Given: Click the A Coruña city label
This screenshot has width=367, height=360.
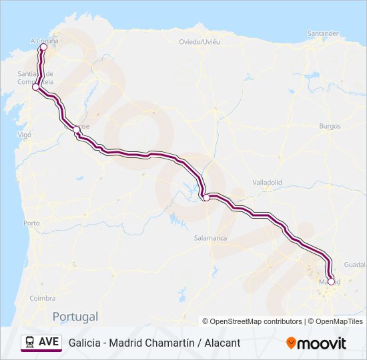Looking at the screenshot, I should (45, 41).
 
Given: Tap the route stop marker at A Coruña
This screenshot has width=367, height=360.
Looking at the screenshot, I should (43, 47).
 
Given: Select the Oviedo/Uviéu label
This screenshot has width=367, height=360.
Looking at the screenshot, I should (200, 41).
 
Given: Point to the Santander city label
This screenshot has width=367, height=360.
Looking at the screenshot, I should (323, 33).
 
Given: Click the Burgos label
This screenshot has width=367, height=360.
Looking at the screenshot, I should (330, 126).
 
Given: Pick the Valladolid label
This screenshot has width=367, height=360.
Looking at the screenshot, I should (268, 182).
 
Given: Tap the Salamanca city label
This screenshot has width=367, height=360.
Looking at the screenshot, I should (210, 238).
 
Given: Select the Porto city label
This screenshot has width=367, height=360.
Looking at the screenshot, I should (31, 223).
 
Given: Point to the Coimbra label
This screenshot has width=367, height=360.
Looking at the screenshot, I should (42, 299).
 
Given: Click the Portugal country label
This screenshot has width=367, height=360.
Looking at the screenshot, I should (75, 317).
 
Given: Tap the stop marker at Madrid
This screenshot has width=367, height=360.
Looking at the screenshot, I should (331, 281).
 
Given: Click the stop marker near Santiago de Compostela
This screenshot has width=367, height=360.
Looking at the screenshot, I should (36, 87).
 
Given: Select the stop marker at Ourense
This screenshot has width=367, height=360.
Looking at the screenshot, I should (76, 131).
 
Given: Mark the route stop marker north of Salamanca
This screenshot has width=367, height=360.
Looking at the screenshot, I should (207, 197).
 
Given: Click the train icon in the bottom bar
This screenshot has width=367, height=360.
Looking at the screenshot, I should (30, 342).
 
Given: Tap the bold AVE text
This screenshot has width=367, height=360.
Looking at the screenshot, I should (49, 342).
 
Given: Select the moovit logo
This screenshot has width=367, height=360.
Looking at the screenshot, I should (316, 343).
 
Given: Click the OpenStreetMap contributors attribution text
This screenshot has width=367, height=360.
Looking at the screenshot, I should (252, 321).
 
